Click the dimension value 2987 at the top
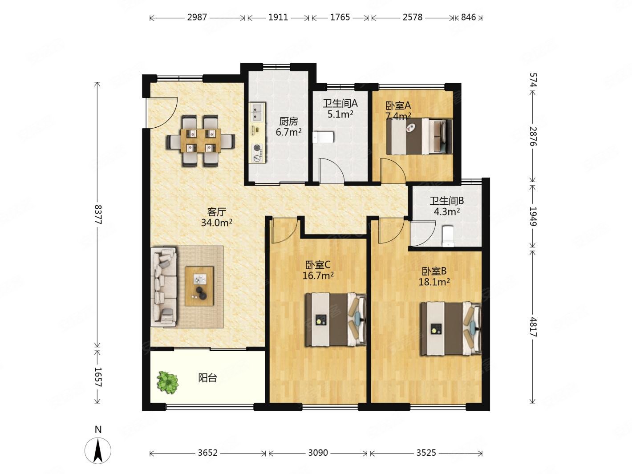click(197, 17)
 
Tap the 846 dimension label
click(468, 17)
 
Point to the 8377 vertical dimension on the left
click(98, 215)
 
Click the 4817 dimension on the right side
click(533, 327)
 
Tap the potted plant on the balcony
click(168, 382)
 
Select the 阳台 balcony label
click(207, 378)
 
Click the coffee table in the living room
click(199, 286)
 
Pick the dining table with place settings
click(200, 141)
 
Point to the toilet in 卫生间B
click(448, 236)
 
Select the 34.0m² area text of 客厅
click(216, 223)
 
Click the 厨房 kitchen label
click(288, 122)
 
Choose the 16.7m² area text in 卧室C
click(318, 275)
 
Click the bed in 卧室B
click(451, 328)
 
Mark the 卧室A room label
click(398, 105)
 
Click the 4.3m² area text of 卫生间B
click(446, 211)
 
